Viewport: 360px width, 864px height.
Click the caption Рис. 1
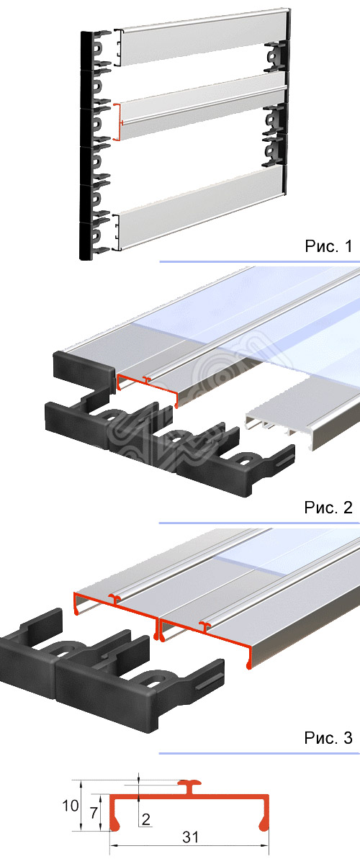click(328, 248)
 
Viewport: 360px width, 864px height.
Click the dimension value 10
click(70, 806)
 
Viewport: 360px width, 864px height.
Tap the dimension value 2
click(145, 819)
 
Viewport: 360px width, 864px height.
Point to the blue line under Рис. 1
click(259, 261)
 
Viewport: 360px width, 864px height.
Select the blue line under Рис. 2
click(259, 523)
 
